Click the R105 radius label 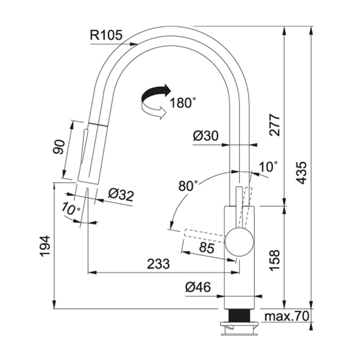pos(106,36)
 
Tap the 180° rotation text pos(183,103)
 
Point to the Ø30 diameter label pos(206,136)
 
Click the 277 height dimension pos(275,125)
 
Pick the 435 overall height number pos(301,173)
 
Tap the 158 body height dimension pos(275,260)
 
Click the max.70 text pos(287,316)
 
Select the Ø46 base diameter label pos(198,287)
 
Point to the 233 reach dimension pos(158,264)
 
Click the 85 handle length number pos(207,248)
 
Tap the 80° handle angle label pos(188,186)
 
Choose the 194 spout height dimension pos(45,246)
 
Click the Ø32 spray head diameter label pos(121,195)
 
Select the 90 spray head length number pos(59,147)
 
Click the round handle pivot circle pos(239,242)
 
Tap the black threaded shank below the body pos(239,315)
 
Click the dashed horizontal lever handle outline pos(204,235)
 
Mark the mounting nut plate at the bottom pos(239,328)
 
